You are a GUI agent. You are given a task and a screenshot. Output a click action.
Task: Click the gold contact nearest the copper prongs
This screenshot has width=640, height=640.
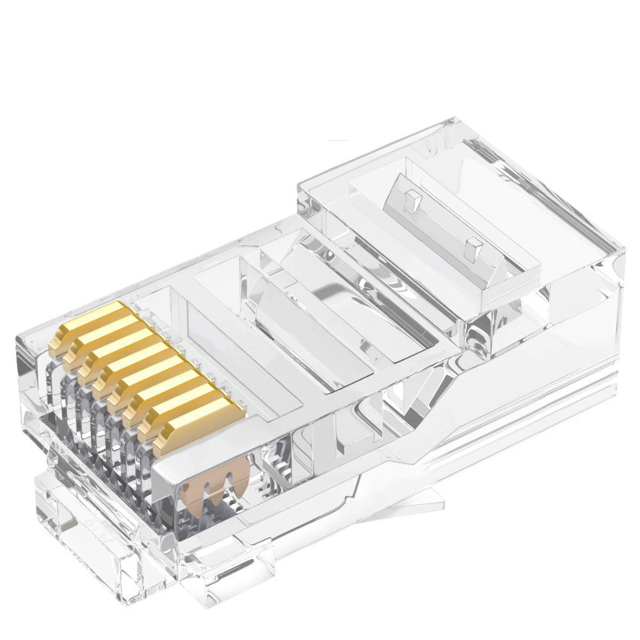pos(195,428)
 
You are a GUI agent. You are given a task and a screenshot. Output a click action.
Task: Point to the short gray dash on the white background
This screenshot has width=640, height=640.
pos(337,140)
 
